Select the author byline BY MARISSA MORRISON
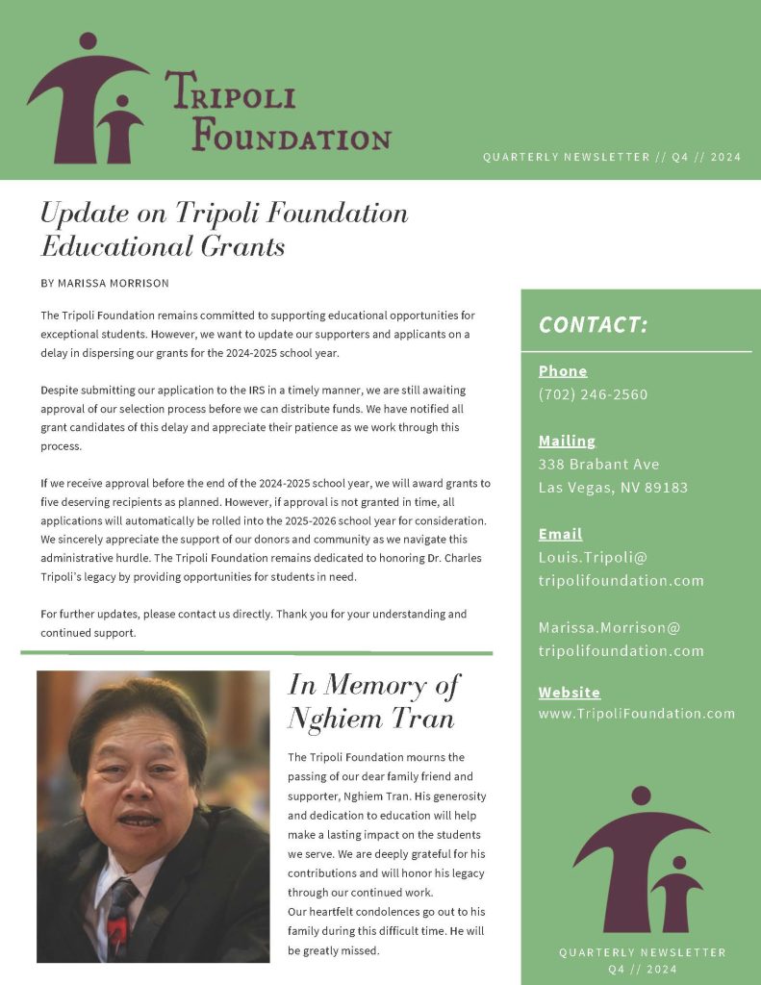[106, 283]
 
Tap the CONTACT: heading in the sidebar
[593, 324]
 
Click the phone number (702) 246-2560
[593, 394]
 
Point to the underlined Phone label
[563, 371]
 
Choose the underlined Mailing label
[567, 442]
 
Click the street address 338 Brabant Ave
[598, 465]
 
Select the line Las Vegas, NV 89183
[613, 488]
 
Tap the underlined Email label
[560, 534]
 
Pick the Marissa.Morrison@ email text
[609, 627]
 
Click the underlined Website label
[569, 693]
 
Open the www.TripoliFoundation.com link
[636, 714]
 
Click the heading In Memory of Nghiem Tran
[373, 701]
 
